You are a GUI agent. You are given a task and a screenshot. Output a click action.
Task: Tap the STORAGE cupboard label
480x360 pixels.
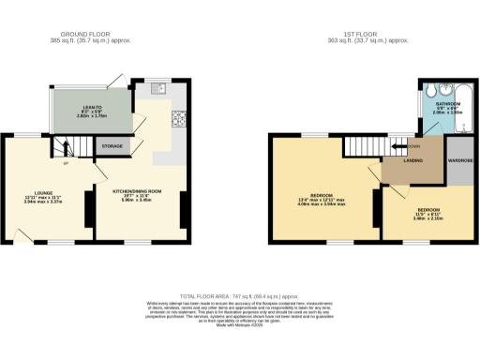(x=112, y=146)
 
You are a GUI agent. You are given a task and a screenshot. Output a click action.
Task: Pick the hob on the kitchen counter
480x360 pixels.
(x=178, y=118)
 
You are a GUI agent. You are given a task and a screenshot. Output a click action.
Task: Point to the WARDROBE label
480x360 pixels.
(x=460, y=172)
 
